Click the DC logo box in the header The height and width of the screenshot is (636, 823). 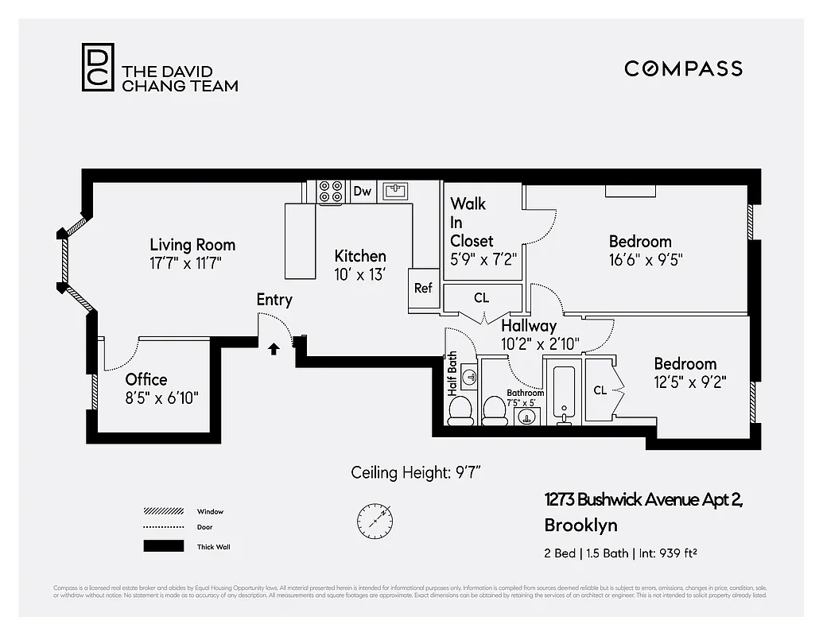coord(98,67)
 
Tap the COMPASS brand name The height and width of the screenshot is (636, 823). coord(683,68)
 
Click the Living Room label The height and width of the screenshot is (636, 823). coord(192,245)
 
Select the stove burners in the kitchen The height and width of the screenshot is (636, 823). coord(330,192)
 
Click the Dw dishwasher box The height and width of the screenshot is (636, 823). coord(363,191)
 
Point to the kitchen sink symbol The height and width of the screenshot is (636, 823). coord(395,191)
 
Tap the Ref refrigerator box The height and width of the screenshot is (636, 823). coord(423,288)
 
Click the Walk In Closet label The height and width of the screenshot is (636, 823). coord(472,223)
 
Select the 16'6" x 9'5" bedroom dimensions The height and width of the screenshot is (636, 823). coord(646,259)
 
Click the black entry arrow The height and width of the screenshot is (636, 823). coord(274,348)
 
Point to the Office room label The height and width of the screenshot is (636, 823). coord(146,379)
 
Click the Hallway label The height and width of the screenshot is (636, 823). coord(529,325)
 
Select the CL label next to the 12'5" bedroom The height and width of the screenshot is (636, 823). coord(600,390)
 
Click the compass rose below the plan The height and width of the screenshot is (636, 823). coord(374,518)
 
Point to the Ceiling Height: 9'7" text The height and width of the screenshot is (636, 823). coord(416,473)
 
